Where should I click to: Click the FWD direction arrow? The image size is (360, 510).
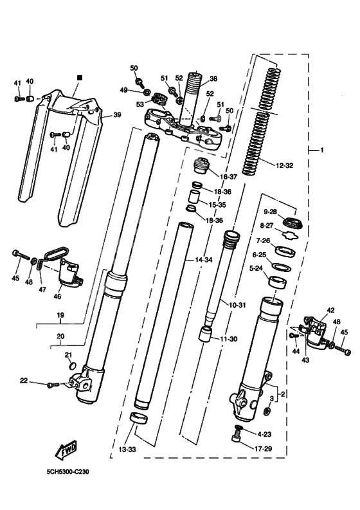click(x=67, y=450)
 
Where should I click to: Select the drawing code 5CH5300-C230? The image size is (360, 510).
click(x=67, y=471)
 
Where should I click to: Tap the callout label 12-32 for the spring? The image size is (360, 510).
click(x=284, y=165)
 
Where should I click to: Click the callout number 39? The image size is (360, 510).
click(x=117, y=115)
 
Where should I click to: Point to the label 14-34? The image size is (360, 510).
click(x=204, y=260)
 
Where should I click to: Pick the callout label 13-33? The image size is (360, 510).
click(x=127, y=450)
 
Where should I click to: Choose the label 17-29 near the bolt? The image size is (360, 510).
click(x=263, y=449)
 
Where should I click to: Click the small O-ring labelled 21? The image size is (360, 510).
click(x=73, y=366)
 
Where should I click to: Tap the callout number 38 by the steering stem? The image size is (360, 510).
click(x=213, y=78)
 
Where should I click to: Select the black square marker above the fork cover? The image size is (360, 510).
click(x=80, y=77)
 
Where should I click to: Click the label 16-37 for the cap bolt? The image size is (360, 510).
click(x=229, y=177)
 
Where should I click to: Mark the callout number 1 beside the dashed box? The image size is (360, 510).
click(x=322, y=150)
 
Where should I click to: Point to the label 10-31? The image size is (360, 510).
click(x=237, y=305)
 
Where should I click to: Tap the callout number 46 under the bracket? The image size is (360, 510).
click(x=57, y=296)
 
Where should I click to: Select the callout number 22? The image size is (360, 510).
click(x=24, y=381)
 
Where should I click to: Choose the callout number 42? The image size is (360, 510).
click(x=330, y=310)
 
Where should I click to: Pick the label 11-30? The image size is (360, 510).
click(x=229, y=339)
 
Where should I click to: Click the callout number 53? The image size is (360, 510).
click(x=140, y=104)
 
